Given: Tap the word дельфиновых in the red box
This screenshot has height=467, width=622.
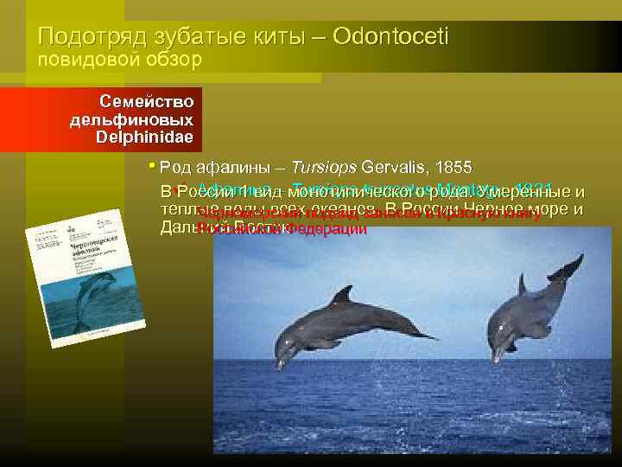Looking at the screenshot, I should [131, 120].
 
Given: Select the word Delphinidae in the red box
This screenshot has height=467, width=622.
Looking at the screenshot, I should [144, 138].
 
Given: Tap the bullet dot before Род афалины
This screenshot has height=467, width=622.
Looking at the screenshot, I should [151, 166].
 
